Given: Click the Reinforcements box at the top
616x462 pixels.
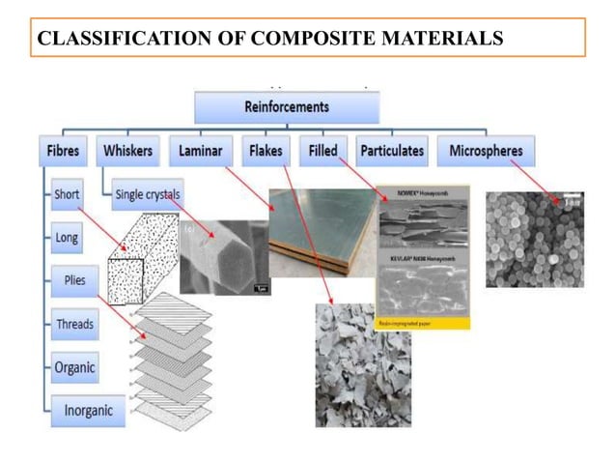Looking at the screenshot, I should point(286,106).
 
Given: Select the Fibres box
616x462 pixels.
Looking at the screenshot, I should point(65,151).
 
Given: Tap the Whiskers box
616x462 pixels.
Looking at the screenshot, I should point(128,151).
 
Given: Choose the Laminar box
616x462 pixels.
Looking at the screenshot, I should point(201,151).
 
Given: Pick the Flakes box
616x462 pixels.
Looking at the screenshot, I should point(265,151).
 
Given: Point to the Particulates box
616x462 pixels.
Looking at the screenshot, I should point(391,151).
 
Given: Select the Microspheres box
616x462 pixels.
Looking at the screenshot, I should point(486,151).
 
